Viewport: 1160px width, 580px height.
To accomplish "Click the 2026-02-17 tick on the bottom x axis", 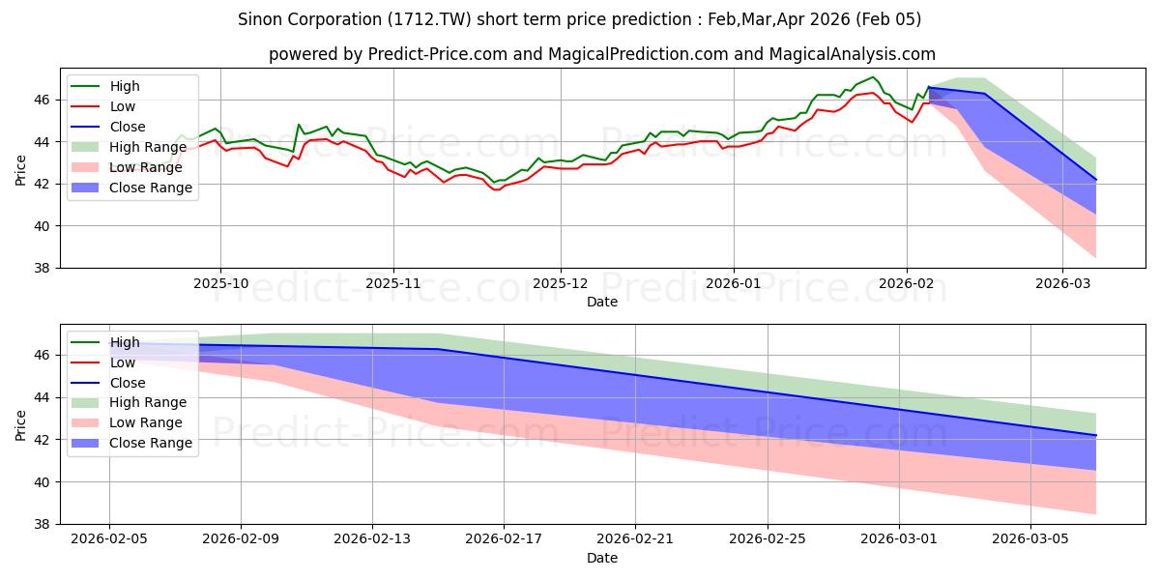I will coord(504,537).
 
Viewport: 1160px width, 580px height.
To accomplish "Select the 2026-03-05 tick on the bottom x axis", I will coord(1031,537).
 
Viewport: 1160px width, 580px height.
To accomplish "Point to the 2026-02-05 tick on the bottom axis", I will coord(108,537).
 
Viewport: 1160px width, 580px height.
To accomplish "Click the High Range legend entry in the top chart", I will coord(148,147).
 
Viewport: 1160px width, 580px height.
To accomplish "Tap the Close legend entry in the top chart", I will coord(128,127).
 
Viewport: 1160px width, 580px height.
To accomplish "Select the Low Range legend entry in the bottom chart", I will coord(146,422).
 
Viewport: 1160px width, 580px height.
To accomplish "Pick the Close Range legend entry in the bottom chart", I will coord(151,443).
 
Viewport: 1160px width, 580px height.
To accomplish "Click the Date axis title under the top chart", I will coord(601,303).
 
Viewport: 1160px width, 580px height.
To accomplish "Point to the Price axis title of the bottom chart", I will coord(20,424).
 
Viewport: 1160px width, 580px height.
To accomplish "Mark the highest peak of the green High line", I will coord(873,77).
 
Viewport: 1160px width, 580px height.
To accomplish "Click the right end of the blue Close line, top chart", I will coord(1096,180).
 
